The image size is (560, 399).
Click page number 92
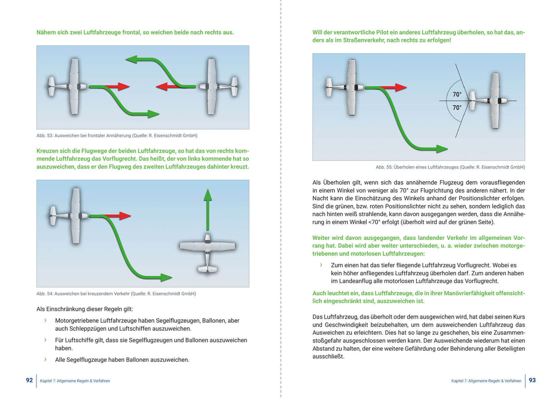[30, 380]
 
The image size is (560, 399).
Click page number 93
[532, 380]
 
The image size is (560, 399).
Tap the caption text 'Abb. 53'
[45, 135]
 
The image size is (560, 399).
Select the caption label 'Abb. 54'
[45, 294]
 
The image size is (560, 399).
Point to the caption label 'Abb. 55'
[384, 167]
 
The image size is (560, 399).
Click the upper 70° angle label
[457, 94]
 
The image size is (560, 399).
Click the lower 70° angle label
[457, 107]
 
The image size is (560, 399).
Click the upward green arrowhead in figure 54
[208, 194]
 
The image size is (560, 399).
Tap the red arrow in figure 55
[394, 88]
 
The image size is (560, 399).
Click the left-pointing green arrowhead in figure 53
[132, 59]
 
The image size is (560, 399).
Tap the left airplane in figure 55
[350, 87]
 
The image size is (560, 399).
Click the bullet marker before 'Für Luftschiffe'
[45, 340]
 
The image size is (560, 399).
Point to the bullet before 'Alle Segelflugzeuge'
[45, 359]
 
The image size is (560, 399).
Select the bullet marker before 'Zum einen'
[321, 265]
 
